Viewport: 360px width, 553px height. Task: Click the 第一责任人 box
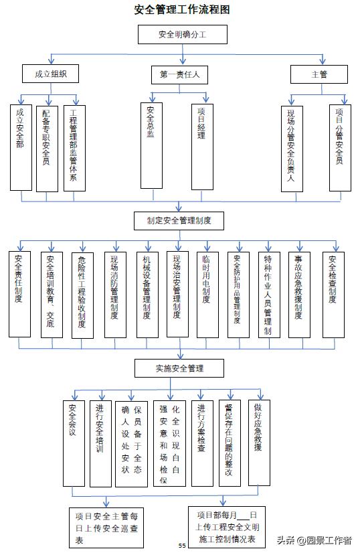(179, 74)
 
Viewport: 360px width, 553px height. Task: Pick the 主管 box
(319, 74)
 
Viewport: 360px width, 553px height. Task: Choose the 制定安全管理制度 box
(179, 220)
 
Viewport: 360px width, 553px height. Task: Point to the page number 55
(181, 546)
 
